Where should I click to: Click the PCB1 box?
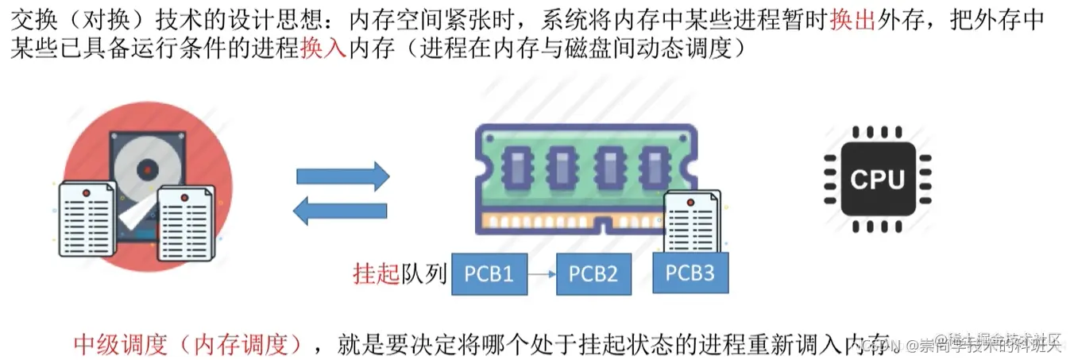(489, 274)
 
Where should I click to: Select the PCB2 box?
(594, 274)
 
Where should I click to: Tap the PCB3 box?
(690, 273)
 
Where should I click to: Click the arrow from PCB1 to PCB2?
(542, 275)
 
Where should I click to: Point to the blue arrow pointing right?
(342, 176)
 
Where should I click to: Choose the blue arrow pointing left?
(341, 211)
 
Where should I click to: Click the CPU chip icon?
(877, 179)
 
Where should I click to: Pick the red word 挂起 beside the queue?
(375, 274)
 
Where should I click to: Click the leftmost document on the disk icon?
(87, 219)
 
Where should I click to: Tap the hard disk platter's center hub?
(147, 168)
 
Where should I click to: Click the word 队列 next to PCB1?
(421, 274)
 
